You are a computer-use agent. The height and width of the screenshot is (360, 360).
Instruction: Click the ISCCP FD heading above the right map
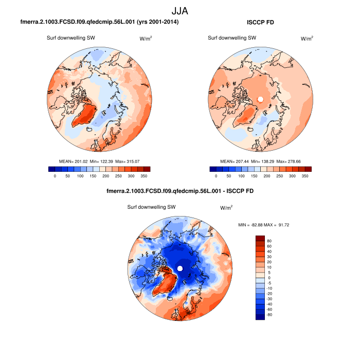click(262, 22)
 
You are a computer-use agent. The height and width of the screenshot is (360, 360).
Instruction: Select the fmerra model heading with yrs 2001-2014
click(99, 22)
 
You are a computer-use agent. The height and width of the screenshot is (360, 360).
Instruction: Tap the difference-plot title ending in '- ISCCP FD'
click(179, 191)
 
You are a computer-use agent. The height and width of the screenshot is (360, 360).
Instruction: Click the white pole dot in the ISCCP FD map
click(260, 99)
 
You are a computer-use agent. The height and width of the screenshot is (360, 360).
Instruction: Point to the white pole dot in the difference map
click(180, 268)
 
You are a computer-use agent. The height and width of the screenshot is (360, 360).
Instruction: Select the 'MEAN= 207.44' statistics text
click(235, 161)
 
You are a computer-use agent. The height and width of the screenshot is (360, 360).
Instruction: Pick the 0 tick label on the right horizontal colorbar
click(216, 176)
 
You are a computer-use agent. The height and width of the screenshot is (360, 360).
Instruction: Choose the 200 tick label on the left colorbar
click(105, 176)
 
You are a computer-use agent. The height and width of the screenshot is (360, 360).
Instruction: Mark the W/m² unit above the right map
click(307, 38)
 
